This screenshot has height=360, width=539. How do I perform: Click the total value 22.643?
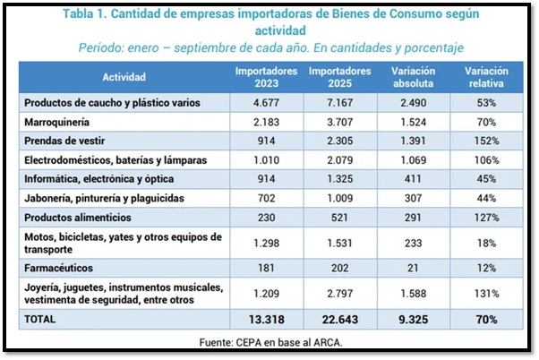338,320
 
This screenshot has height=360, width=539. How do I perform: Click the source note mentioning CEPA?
269,341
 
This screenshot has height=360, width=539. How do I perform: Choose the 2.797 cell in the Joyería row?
338,293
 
